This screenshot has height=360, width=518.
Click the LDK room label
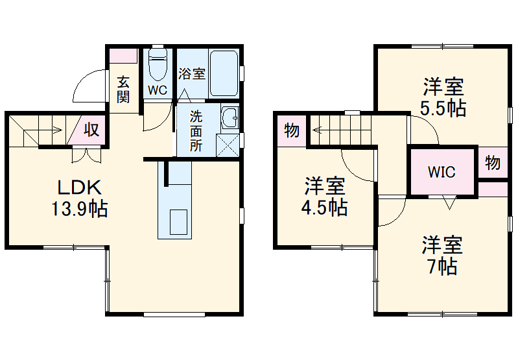click(x=80, y=188)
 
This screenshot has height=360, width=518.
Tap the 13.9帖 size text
click(x=80, y=209)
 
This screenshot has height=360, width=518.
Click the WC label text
click(x=158, y=91)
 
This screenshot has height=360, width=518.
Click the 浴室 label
click(x=192, y=73)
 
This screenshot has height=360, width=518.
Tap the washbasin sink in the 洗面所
click(x=229, y=118)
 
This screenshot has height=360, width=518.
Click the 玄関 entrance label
click(x=123, y=90)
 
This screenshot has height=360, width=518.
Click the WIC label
click(x=441, y=173)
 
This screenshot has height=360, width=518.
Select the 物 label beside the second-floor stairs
click(x=292, y=131)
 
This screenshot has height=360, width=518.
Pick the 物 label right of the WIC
click(x=493, y=163)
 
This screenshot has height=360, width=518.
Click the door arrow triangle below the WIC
click(x=448, y=202)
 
